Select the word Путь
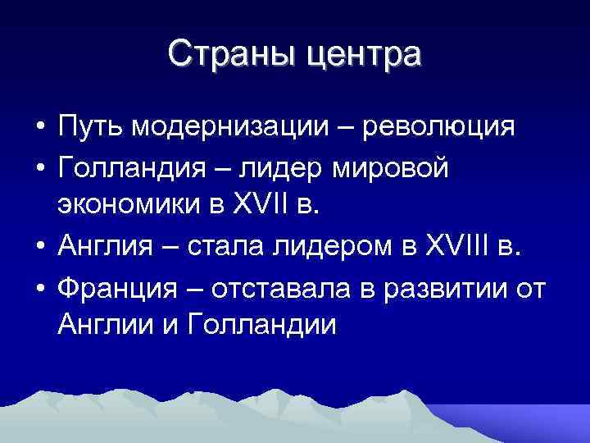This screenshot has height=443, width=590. click(x=91, y=129)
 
